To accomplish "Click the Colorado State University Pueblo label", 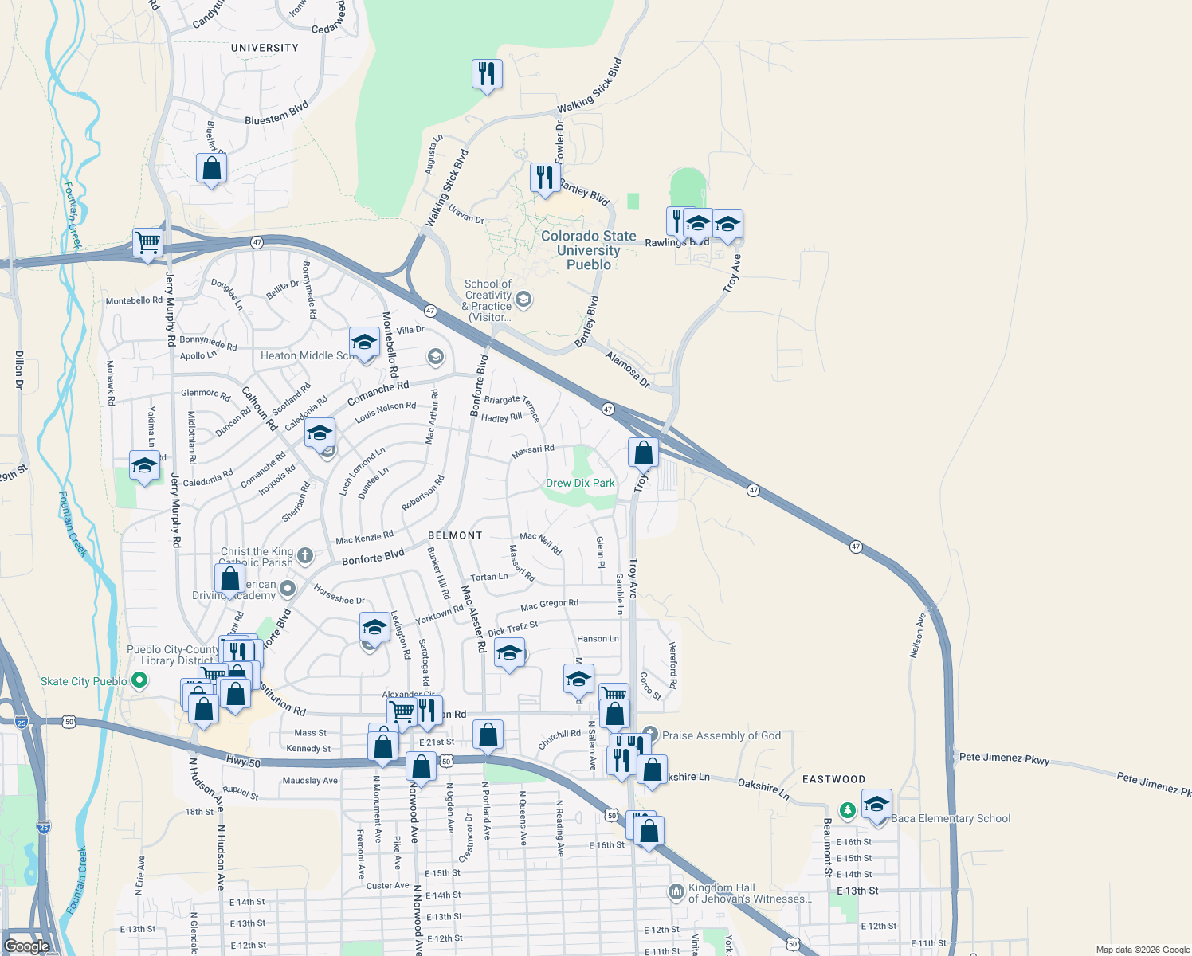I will (588, 250).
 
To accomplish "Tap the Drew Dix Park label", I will (580, 483).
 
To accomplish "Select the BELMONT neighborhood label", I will (455, 535).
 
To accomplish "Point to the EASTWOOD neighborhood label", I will (833, 779).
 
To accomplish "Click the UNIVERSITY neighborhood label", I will (265, 48).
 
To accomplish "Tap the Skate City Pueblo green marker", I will (139, 681).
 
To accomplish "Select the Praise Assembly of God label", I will (721, 735).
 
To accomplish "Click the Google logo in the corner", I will (26, 946).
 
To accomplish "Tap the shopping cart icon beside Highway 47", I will (148, 241).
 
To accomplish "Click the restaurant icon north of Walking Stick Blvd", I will (486, 74).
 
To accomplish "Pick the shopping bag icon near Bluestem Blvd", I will (211, 168).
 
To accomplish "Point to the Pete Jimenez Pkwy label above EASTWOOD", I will (1004, 758).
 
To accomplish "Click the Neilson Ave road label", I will (918, 635).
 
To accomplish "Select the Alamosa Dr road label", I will (627, 370).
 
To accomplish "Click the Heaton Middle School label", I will (308, 355).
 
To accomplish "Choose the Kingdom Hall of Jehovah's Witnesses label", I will (749, 893).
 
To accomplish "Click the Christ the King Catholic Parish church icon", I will (305, 554).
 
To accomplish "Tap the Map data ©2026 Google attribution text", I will (1143, 950).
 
